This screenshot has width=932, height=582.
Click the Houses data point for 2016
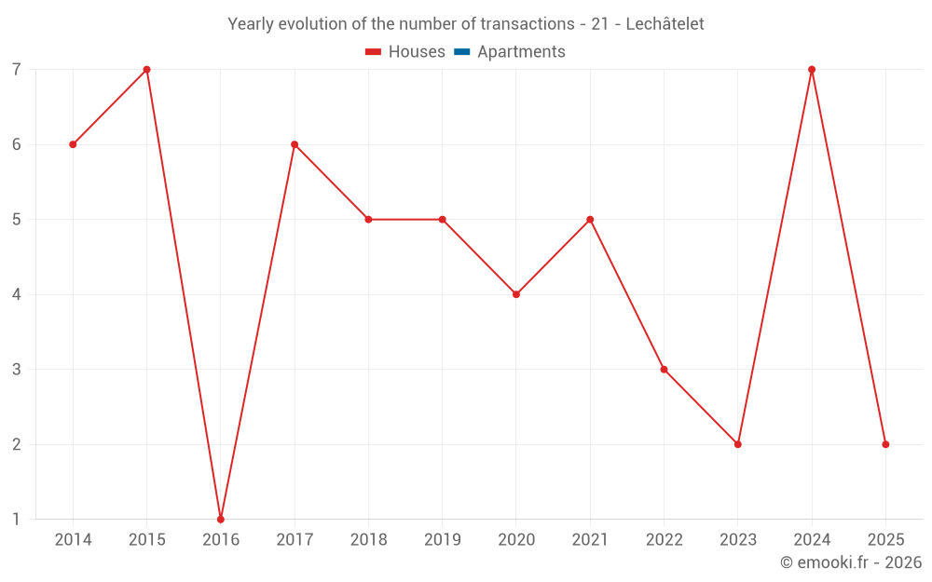click(x=221, y=519)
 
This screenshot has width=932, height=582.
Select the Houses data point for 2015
click(x=146, y=70)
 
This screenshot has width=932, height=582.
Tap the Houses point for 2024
click(x=812, y=70)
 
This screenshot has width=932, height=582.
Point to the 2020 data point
click(x=516, y=294)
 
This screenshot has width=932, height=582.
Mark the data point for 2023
click(x=738, y=444)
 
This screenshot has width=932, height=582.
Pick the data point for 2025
click(x=885, y=444)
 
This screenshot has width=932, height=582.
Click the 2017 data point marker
click(x=295, y=144)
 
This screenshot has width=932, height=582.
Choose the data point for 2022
click(x=664, y=370)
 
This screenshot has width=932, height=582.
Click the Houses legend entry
click(x=405, y=52)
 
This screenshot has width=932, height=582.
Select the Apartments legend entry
click(x=510, y=52)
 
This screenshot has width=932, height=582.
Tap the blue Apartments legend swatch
click(x=462, y=52)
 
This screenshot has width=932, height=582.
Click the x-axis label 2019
click(x=442, y=540)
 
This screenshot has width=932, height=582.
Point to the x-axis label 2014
click(x=73, y=540)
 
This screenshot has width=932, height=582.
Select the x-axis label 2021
click(x=590, y=540)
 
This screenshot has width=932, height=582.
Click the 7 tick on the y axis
click(x=17, y=70)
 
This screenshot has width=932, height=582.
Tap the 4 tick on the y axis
click(x=17, y=294)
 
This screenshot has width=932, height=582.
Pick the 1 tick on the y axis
click(x=17, y=519)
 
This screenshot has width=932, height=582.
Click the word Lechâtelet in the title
click(x=665, y=23)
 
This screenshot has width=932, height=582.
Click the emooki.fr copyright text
click(x=851, y=562)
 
